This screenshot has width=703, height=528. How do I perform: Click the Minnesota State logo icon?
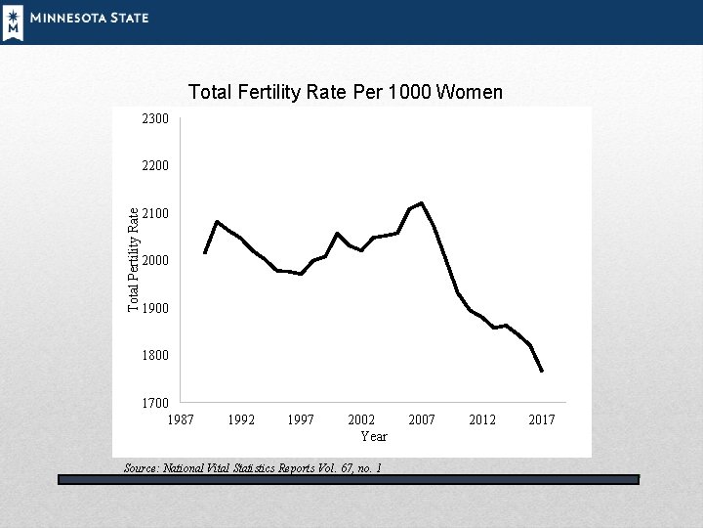14,23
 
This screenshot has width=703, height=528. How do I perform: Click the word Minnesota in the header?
68,18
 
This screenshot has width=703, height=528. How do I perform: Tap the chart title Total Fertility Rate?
268,92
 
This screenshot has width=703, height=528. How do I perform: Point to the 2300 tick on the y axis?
155,118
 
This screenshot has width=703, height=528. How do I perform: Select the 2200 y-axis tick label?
155,165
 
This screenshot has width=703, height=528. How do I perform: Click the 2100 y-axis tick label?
155,213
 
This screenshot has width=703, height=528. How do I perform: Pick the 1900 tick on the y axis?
155,308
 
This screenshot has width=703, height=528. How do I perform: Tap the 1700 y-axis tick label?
155,403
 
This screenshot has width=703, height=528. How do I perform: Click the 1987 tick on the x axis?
181,419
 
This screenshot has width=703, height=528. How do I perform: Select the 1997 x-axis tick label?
301,419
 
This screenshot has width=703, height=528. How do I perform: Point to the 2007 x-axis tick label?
422,419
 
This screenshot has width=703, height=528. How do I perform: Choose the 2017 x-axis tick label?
542,419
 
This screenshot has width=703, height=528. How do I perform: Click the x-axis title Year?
374,436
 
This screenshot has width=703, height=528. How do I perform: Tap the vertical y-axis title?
133,259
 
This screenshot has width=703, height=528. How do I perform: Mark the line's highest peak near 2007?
422,203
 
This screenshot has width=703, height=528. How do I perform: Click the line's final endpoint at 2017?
542,371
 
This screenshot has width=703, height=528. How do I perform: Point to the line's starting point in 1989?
205,253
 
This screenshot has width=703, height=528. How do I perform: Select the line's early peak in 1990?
217,221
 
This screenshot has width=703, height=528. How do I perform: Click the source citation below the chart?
253,468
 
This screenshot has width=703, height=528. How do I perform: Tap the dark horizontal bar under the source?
349,479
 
